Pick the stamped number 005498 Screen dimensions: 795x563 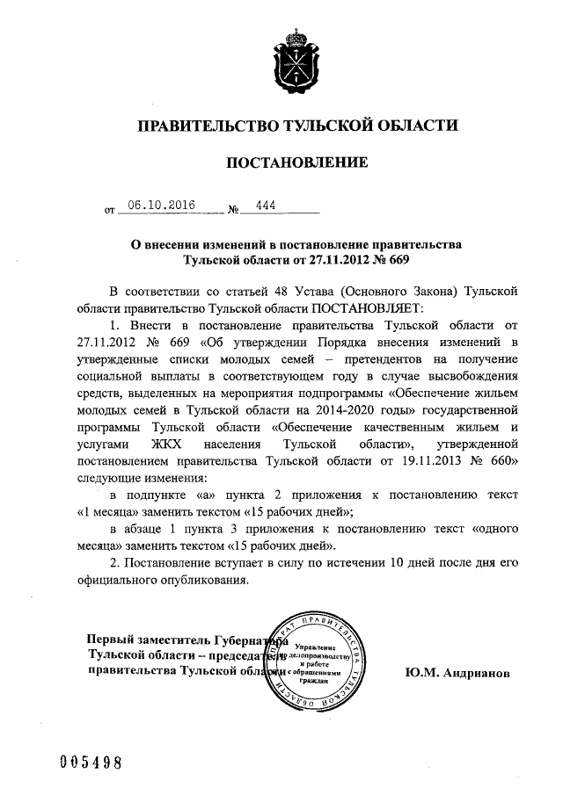pyautogui.click(x=84, y=761)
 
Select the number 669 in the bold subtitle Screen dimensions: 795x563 pyautogui.click(x=399, y=260)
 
